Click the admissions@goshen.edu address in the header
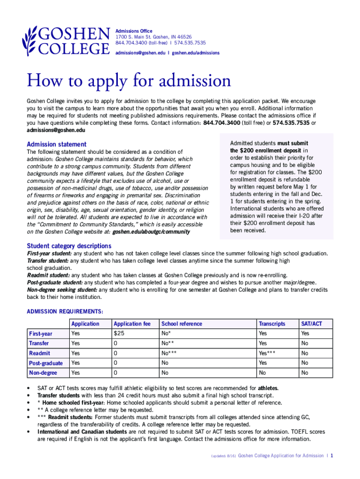(x=140, y=53)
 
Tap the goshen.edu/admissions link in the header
(x=195, y=53)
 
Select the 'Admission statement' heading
(x=57, y=144)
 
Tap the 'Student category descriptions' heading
(x=69, y=246)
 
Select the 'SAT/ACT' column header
(x=311, y=324)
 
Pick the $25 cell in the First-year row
(x=119, y=334)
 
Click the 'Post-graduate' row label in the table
(x=46, y=363)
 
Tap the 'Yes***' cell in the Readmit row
(x=267, y=353)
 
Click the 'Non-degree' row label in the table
(x=43, y=373)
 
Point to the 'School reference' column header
(x=182, y=324)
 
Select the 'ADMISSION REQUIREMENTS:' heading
(x=65, y=311)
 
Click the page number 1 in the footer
(x=331, y=455)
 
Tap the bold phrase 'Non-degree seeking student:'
(x=62, y=290)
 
